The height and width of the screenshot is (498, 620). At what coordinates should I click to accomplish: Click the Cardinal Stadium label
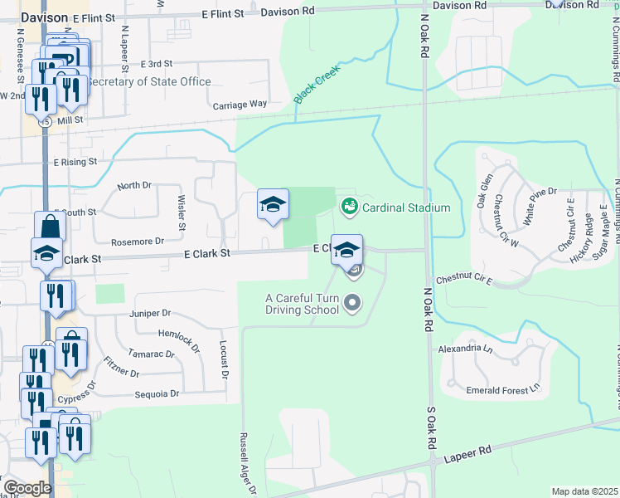(x=405, y=207)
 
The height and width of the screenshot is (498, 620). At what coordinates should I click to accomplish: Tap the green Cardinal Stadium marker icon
(x=349, y=206)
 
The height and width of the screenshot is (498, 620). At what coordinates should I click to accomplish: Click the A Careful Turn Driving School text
(x=303, y=304)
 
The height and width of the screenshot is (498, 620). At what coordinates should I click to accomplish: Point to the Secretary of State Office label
(x=149, y=81)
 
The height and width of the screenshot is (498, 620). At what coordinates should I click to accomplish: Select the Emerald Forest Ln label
(x=496, y=386)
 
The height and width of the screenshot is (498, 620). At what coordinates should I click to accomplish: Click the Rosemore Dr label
(x=138, y=242)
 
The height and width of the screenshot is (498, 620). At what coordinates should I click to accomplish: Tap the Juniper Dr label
(x=149, y=313)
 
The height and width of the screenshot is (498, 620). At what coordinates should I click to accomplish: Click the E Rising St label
(x=75, y=162)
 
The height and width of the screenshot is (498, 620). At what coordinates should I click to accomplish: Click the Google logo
(x=27, y=488)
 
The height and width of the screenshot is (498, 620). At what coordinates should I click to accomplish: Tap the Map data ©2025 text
(x=584, y=491)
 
